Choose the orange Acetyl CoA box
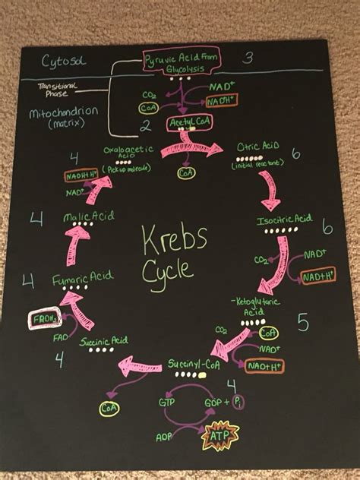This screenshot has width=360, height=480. [187, 122]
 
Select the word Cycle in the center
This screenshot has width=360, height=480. [169, 270]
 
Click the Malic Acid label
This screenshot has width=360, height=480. [89, 217]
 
